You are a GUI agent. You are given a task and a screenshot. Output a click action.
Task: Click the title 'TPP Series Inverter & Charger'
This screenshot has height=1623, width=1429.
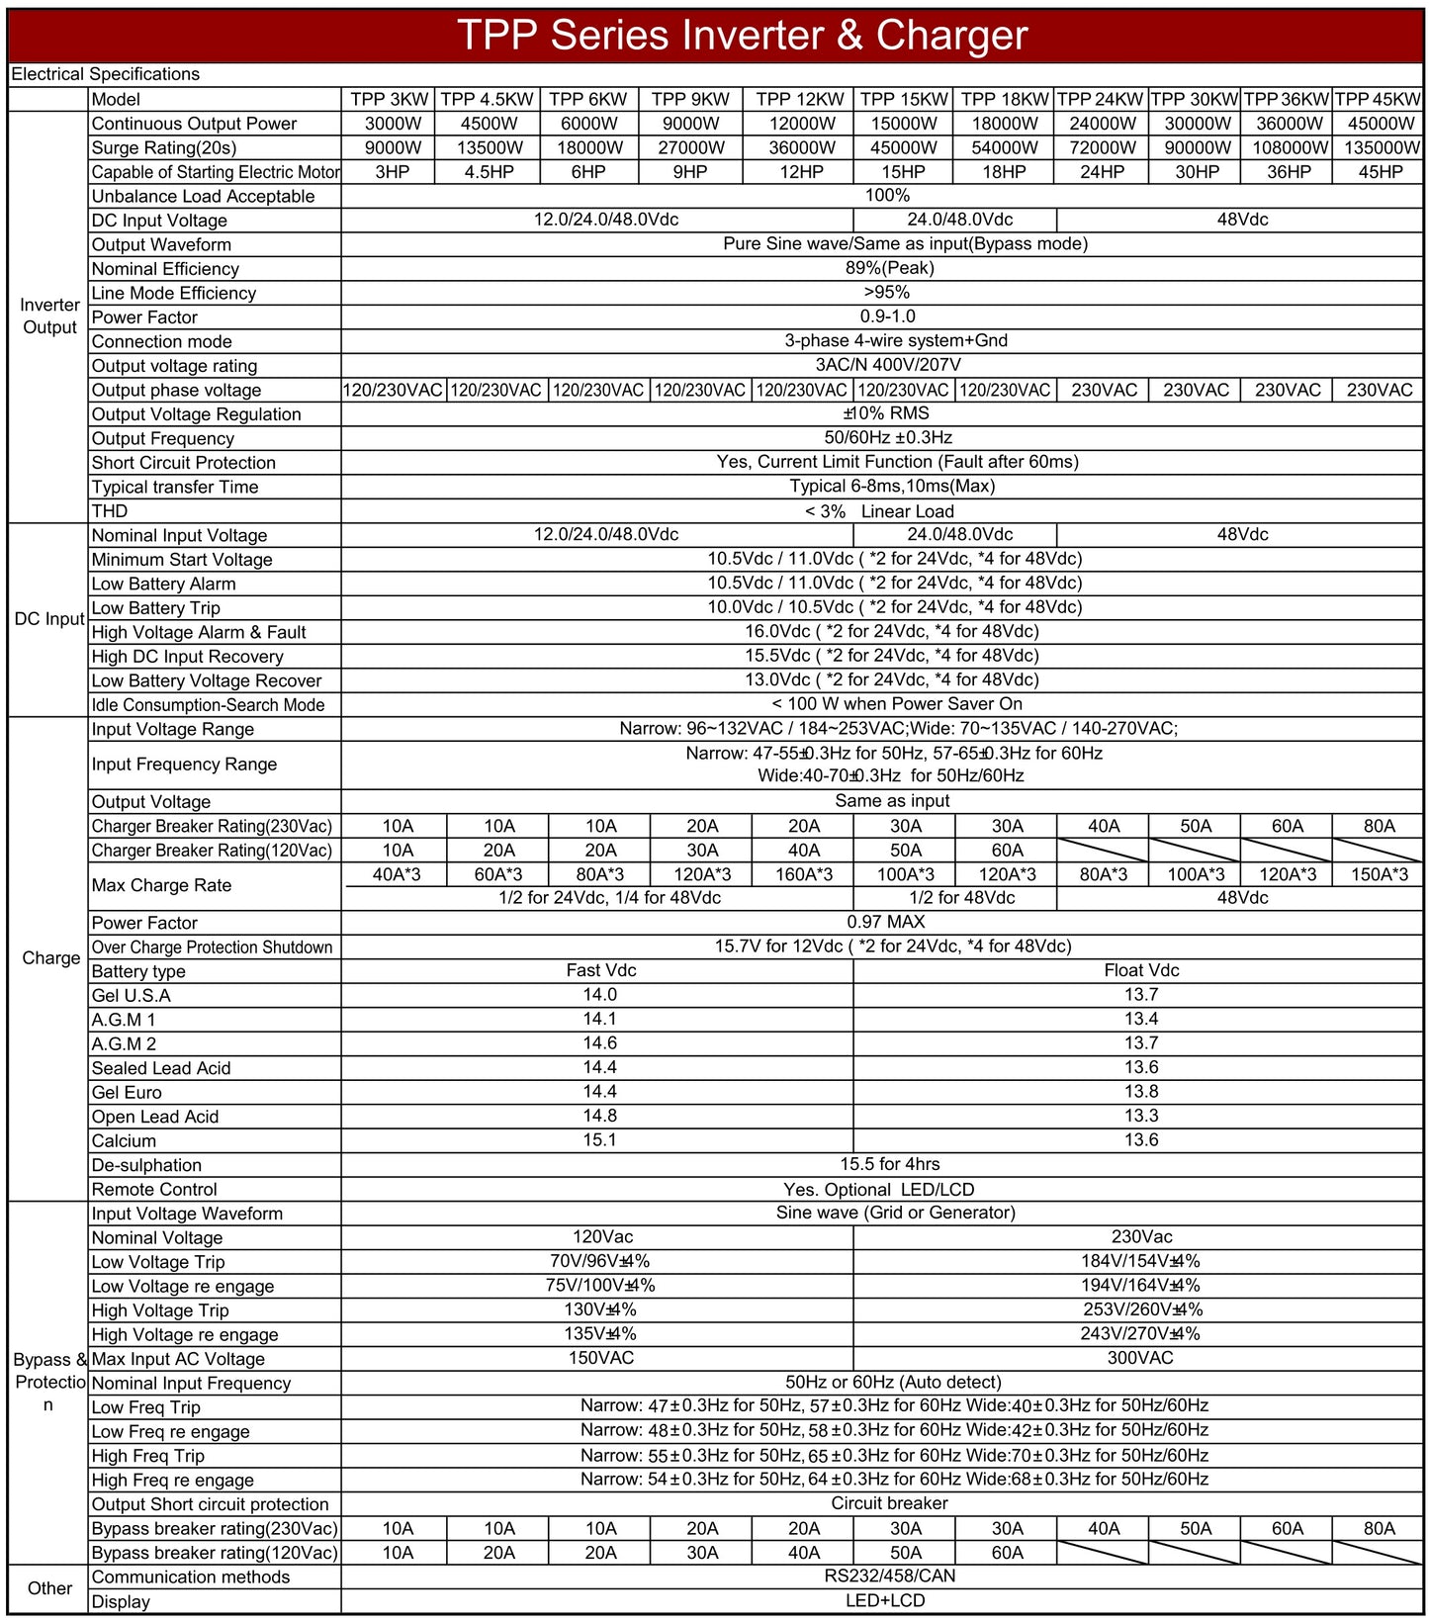(743, 36)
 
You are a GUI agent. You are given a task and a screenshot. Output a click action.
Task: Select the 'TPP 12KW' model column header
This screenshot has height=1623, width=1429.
(800, 99)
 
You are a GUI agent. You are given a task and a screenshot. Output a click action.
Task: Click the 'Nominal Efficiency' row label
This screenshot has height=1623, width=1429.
(165, 269)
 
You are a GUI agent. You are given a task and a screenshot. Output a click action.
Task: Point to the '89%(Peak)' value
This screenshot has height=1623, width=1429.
(886, 268)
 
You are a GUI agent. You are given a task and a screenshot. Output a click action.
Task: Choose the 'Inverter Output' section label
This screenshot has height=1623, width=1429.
(48, 316)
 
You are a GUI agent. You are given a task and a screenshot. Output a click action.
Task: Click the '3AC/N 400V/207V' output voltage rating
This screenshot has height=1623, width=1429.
(887, 365)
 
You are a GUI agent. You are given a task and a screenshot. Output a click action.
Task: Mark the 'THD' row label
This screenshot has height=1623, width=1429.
(110, 511)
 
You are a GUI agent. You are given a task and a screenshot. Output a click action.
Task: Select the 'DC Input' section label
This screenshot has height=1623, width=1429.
(48, 619)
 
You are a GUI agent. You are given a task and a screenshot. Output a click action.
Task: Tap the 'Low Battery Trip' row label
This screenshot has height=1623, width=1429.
(155, 608)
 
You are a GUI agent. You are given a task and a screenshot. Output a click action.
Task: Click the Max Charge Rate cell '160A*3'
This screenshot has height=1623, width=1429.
(803, 874)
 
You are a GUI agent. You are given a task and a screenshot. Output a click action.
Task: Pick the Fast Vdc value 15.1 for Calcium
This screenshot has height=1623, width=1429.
(599, 1139)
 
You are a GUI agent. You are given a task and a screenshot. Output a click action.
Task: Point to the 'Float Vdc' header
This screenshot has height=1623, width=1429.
(1140, 970)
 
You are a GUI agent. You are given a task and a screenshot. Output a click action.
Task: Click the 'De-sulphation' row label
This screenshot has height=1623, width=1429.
(146, 1165)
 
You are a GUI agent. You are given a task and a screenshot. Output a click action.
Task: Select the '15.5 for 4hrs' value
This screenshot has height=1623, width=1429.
(889, 1164)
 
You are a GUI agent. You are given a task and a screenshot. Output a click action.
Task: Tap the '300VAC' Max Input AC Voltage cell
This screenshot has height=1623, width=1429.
(1139, 1358)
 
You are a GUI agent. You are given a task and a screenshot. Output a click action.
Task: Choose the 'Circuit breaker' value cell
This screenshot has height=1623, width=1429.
(889, 1503)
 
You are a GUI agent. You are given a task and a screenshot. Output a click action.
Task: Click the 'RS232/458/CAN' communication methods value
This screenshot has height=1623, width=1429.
(889, 1576)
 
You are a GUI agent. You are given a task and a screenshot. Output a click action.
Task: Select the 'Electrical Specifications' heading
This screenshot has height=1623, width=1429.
(105, 74)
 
